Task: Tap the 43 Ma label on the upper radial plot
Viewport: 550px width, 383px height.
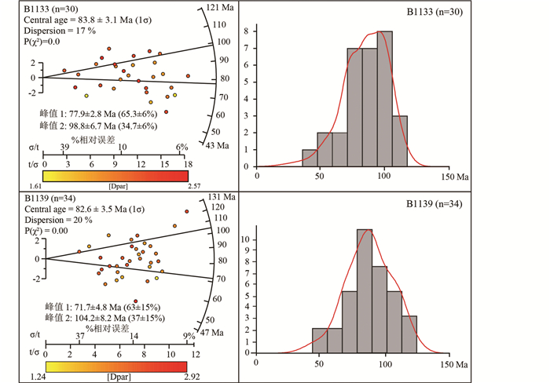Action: pyautogui.click(x=218, y=145)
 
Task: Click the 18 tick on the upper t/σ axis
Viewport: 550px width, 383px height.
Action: pyautogui.click(x=185, y=165)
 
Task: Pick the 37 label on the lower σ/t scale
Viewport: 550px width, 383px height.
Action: pyautogui.click(x=79, y=335)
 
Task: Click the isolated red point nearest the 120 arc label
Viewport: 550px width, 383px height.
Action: pyautogui.click(x=187, y=211)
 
